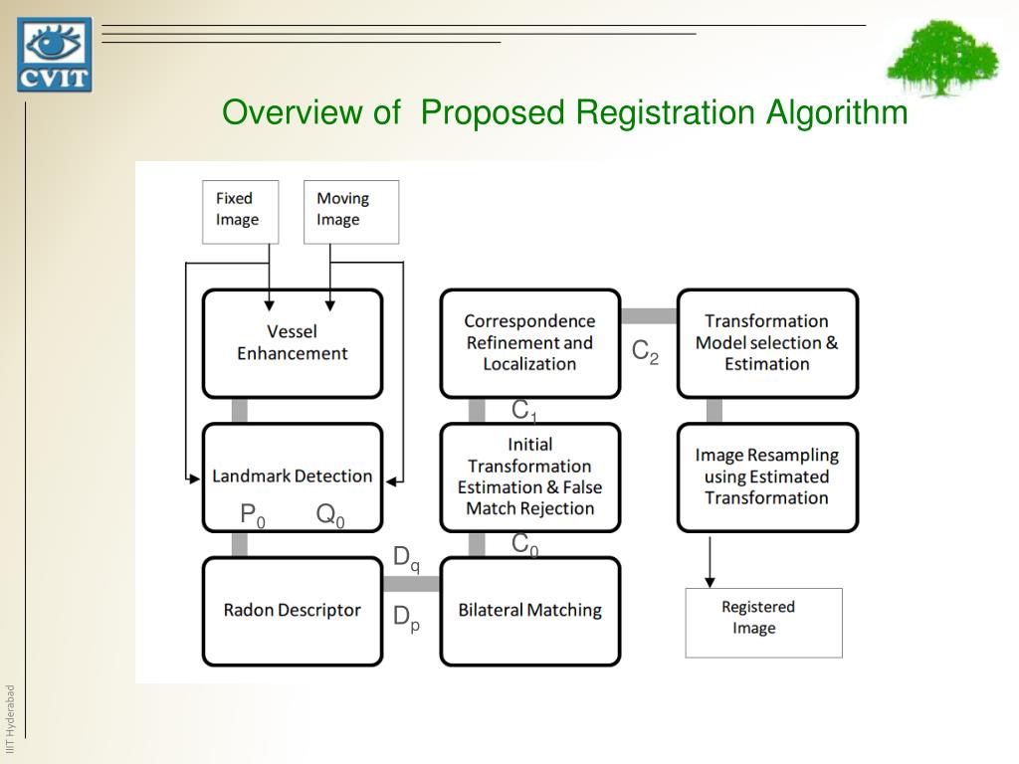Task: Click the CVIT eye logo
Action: coord(54,55)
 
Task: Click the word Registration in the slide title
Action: coord(657,112)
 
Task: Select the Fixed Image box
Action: coord(241,211)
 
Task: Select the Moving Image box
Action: coord(350,211)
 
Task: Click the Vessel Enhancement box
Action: coord(293,343)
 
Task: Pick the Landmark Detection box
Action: coord(293,477)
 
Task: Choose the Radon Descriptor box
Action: coord(293,611)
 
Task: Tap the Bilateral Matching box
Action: coord(529,611)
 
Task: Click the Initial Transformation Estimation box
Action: coord(529,477)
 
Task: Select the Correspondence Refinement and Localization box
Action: coord(529,343)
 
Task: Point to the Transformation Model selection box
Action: coord(766,343)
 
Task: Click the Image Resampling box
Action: coord(766,477)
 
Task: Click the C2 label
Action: coord(645,352)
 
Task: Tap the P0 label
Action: coord(253,515)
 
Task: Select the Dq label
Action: coord(406,559)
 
